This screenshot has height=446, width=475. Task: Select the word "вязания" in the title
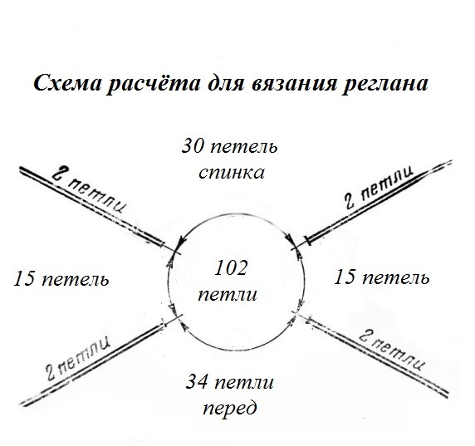point(294,83)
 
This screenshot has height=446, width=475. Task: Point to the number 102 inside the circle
point(230,268)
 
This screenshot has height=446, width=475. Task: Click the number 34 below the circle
point(196,382)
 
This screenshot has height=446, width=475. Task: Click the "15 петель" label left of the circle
point(61,278)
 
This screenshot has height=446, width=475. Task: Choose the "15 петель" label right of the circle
point(381,277)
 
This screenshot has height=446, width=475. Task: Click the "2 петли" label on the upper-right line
point(380,187)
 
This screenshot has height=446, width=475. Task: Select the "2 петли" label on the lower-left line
point(78,357)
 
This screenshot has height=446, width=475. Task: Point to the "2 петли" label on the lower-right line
point(392,350)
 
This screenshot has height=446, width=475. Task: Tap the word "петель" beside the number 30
point(243,147)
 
